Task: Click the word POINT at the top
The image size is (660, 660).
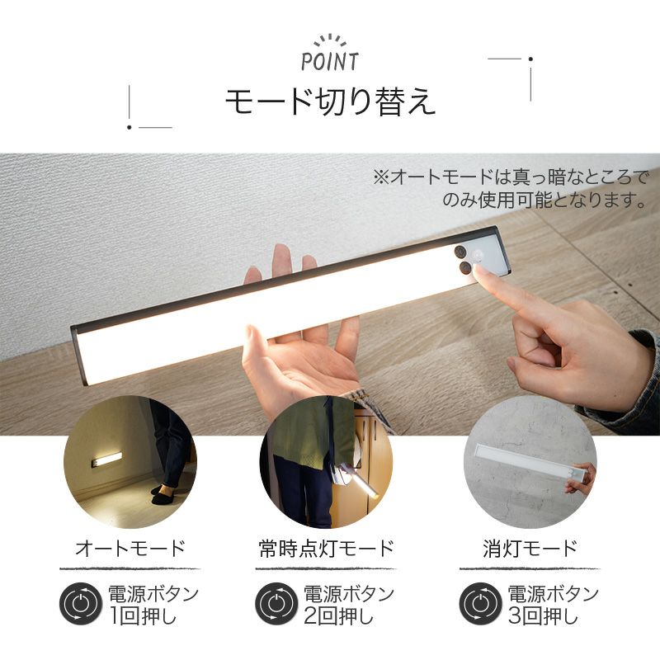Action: tap(330, 61)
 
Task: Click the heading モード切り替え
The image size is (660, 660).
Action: tap(330, 101)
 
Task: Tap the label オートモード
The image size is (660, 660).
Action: tap(130, 549)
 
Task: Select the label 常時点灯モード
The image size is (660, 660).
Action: tap(326, 549)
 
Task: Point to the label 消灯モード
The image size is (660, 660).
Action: tap(530, 549)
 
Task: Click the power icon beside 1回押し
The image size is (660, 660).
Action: tap(80, 604)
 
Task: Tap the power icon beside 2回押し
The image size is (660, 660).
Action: tap(276, 604)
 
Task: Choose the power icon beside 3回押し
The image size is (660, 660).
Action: tap(480, 604)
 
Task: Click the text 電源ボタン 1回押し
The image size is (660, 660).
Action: tap(153, 605)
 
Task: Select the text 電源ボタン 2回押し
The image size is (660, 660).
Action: tap(349, 605)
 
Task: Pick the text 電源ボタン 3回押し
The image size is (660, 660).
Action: tap(553, 605)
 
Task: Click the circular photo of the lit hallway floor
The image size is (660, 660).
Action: tap(130, 462)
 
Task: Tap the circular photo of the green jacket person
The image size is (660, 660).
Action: tap(326, 462)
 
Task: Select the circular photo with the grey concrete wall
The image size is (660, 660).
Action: tap(530, 462)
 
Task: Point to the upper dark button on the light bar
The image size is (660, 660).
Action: tap(460, 252)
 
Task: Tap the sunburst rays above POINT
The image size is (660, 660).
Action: tap(330, 40)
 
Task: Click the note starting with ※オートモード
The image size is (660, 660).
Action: tap(510, 188)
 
